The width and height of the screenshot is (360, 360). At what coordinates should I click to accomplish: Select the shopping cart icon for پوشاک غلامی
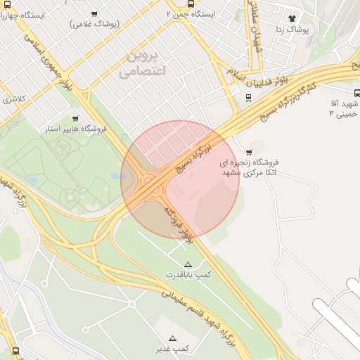[x=95, y=13]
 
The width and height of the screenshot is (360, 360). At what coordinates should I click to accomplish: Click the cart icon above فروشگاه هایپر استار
[x=75, y=118]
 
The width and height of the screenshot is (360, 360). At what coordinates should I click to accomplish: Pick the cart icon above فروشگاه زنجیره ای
[x=249, y=152]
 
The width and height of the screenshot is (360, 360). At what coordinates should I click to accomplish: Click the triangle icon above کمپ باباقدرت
[x=187, y=264]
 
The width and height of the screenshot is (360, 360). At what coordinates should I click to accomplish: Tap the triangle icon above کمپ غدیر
[x=173, y=338]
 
